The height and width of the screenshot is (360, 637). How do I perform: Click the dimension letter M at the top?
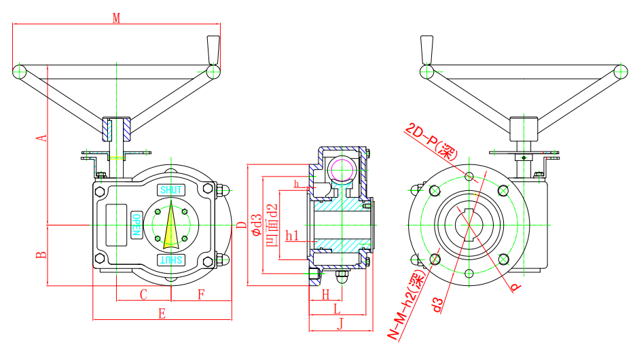click(116, 18)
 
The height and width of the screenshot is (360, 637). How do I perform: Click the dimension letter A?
click(42, 138)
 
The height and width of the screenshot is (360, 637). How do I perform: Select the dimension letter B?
click(42, 255)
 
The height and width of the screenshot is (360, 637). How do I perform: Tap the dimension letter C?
click(143, 294)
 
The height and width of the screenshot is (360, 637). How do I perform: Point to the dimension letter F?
click(201, 294)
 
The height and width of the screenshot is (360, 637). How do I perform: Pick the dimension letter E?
click(162, 313)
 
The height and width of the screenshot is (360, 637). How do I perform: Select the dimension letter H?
click(325, 294)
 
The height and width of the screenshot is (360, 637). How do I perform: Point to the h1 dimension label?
click(292, 236)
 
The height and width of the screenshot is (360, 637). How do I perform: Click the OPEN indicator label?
click(136, 224)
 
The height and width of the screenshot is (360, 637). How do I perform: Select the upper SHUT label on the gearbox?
click(170, 190)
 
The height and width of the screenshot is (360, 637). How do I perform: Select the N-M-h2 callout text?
click(406, 303)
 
